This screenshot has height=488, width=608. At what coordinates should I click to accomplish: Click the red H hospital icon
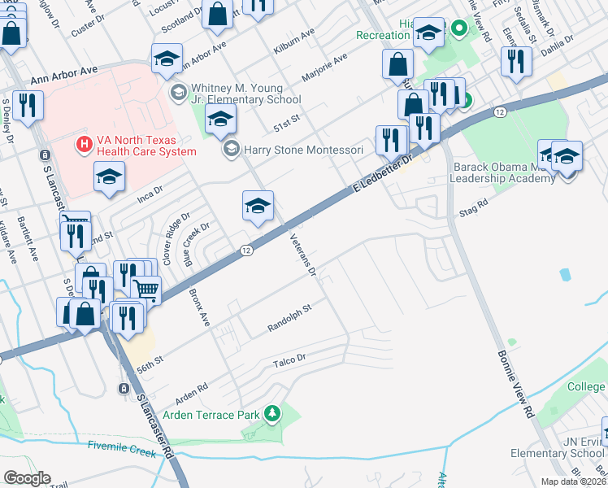point(82,145)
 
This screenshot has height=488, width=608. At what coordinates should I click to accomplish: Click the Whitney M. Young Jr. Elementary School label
point(244,94)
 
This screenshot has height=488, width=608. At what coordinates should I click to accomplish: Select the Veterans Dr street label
point(302,254)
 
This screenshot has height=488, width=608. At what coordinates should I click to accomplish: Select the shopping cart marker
point(145,289)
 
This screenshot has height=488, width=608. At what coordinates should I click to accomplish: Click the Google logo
point(27,478)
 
